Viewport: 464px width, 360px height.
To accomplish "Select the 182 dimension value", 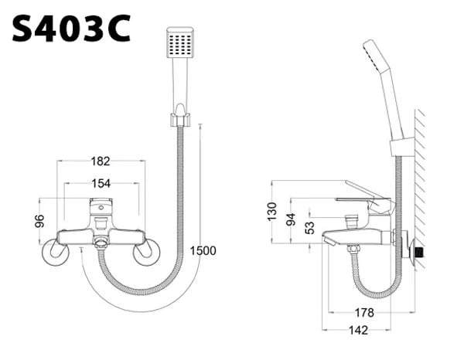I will click(x=101, y=161).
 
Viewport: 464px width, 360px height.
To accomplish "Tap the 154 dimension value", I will click(x=101, y=183).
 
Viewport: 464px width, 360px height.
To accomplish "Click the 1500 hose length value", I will click(x=202, y=250).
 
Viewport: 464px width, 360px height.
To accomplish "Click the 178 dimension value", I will click(x=364, y=312).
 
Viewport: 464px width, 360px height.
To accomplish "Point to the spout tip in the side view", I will click(x=328, y=243).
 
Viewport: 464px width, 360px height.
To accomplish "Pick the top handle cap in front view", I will click(x=101, y=205).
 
